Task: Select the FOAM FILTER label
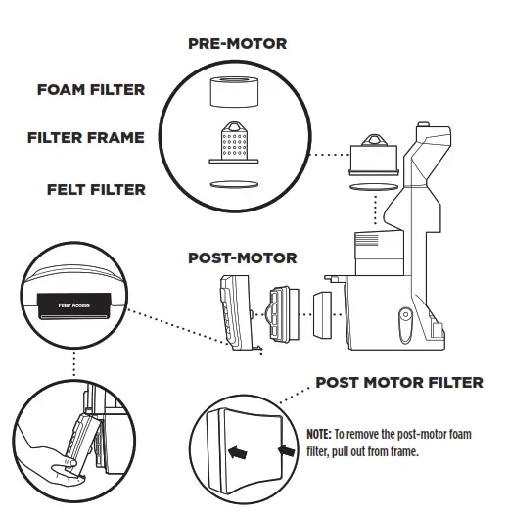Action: (x=91, y=90)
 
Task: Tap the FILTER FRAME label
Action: (x=85, y=138)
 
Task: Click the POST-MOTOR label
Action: (x=242, y=258)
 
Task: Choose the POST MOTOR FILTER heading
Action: (x=398, y=382)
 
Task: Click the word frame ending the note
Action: (x=404, y=453)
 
